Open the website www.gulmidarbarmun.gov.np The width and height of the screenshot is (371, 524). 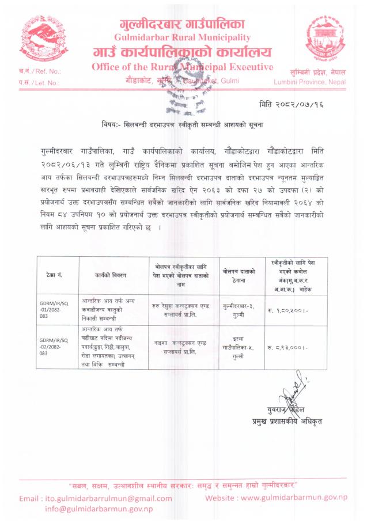[x=277, y=498]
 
